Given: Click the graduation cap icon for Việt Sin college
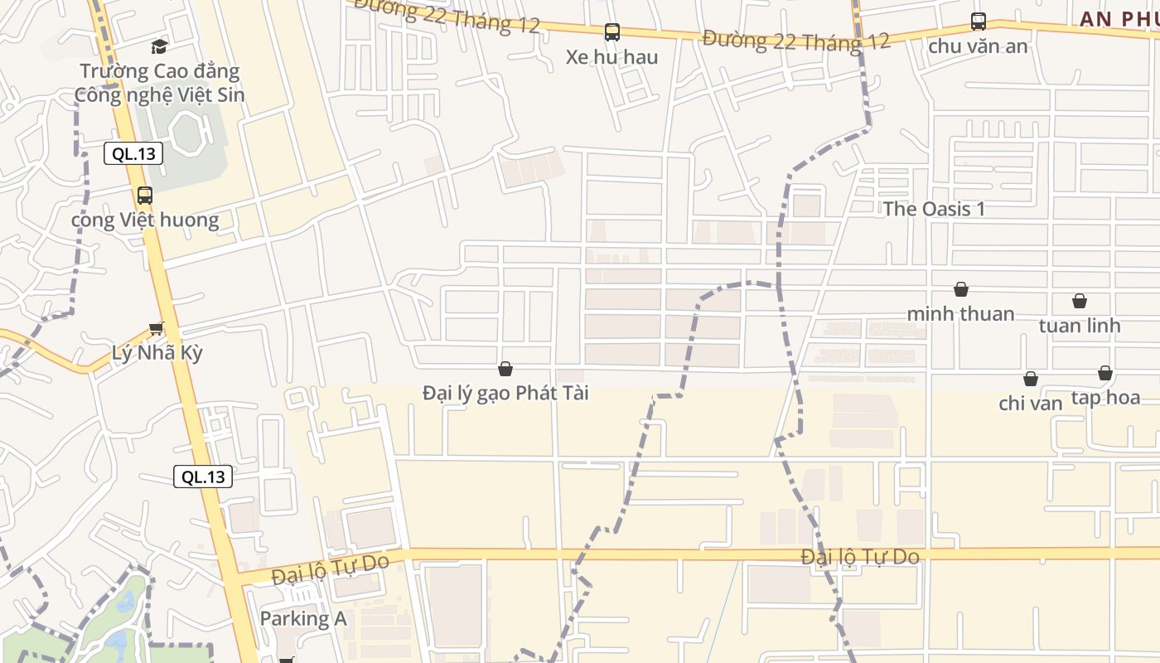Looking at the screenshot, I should coord(159,46).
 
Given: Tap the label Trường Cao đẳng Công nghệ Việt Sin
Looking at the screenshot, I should coord(159,83).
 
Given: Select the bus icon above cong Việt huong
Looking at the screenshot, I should coord(145,196).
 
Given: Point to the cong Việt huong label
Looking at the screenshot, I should coord(145,220).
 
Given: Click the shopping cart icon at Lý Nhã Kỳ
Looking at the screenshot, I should coord(156,328).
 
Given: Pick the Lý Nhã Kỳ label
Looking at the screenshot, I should coord(157,352).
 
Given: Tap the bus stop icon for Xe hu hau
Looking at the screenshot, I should coord(611,32).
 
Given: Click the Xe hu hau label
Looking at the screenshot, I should coord(611,57).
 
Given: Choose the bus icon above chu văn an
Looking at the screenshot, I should coord(978,22).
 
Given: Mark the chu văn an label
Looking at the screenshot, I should coord(978,46).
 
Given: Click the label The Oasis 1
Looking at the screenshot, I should coord(934,209).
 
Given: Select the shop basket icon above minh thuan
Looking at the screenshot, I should coord(961,289).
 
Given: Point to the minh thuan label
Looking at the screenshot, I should coord(961,314).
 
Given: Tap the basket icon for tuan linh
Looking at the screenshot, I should coord(1080,301).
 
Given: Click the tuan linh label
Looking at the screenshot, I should coord(1080,326).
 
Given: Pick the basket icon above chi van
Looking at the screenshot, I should coord(1030,379).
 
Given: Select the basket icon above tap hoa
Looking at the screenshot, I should coord(1104,373).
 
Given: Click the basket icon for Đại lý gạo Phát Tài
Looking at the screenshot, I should coord(505,369).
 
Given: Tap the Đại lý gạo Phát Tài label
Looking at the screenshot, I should coord(505,393).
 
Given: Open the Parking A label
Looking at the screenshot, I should coord(303,618).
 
